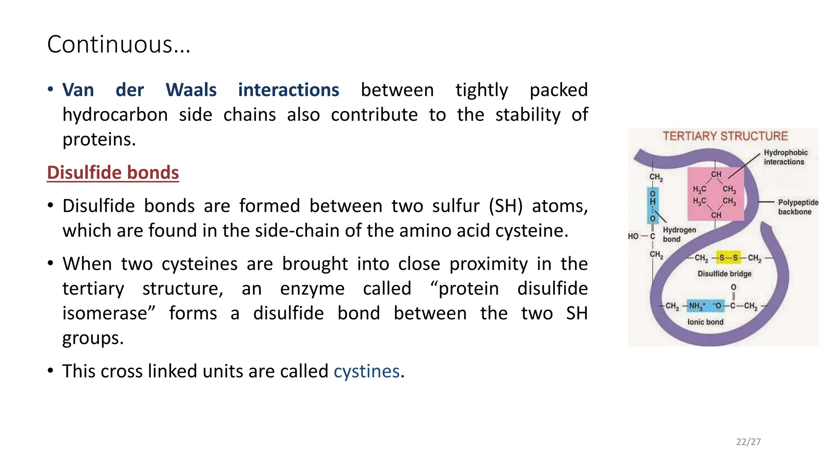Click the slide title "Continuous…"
119,44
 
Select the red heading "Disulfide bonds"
113,172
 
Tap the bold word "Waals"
191,90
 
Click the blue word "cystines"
367,371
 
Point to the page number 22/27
748,442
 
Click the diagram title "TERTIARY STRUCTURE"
725,136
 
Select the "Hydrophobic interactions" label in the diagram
785,157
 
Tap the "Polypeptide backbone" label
797,207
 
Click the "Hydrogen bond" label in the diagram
679,234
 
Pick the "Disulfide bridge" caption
724,274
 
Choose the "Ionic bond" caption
705,322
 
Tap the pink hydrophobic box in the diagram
715,194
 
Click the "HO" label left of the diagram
633,236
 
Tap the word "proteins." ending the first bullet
99,139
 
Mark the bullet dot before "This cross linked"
50,370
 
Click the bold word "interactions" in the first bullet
288,90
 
